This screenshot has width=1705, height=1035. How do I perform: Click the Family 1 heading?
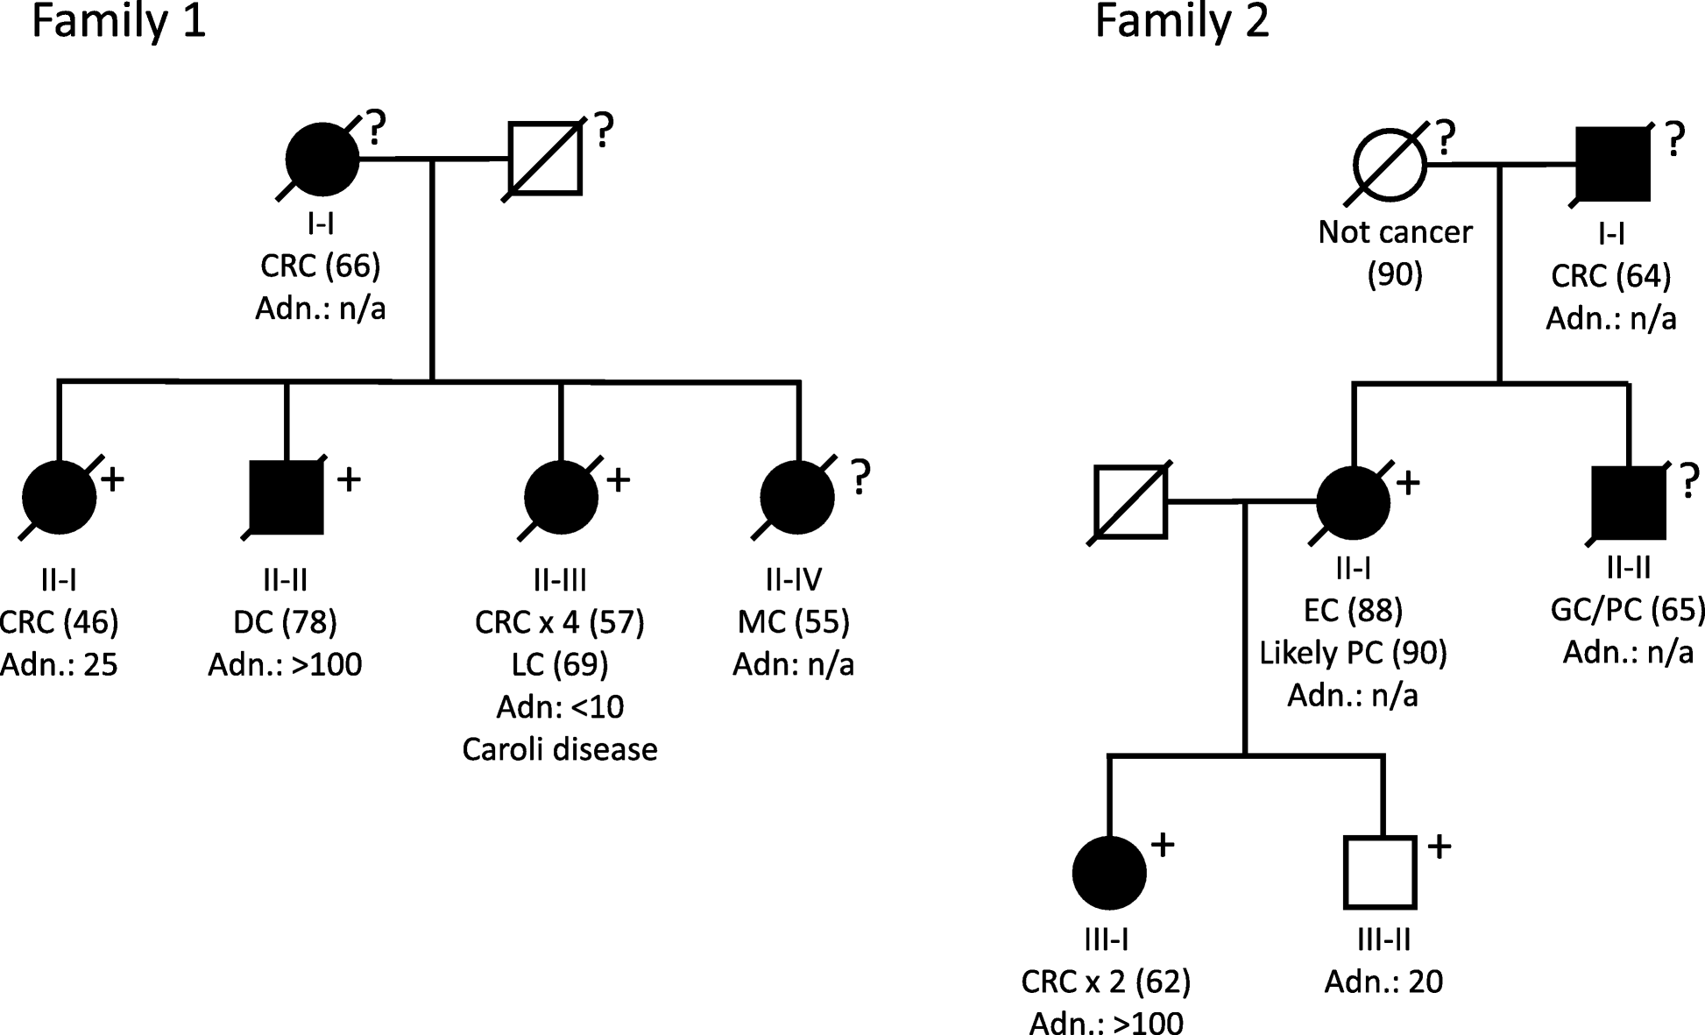(118, 21)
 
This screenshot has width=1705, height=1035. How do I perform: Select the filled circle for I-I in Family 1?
(322, 160)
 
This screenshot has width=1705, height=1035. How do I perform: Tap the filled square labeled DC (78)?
(287, 498)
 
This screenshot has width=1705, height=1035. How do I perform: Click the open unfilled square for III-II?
(1379, 872)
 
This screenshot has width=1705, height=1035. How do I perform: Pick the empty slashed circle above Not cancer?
(1390, 164)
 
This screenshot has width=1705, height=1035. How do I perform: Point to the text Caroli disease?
(559, 750)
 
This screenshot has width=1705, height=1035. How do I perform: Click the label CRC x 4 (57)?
(559, 622)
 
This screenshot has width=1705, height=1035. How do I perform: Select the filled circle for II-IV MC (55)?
(796, 497)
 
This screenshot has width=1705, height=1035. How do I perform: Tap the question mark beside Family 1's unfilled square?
(604, 130)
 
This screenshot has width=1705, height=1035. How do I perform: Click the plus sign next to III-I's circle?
(1162, 845)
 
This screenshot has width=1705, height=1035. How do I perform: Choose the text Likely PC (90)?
(1353, 653)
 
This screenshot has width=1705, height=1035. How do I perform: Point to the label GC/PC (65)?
(1628, 610)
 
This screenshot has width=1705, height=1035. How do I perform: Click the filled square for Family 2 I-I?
(1612, 164)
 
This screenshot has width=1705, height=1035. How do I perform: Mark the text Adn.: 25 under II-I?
(59, 665)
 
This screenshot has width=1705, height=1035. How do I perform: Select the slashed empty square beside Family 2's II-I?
(1130, 502)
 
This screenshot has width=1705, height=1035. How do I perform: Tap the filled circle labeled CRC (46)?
(59, 497)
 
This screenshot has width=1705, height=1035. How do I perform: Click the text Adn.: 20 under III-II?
(1383, 982)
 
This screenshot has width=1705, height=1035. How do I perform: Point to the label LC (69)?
(559, 664)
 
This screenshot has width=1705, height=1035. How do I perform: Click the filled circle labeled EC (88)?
(1353, 502)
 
